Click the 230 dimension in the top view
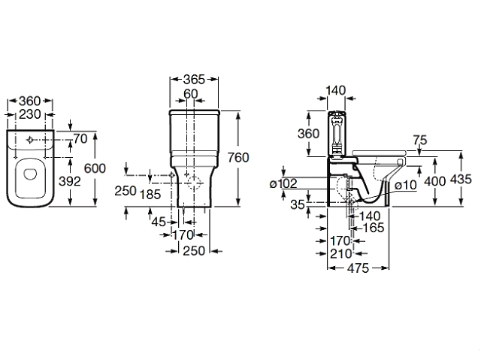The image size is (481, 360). pyautogui.click(x=30, y=114)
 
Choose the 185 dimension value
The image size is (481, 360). pyautogui.click(x=150, y=195)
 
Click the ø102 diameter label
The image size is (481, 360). pyautogui.click(x=284, y=183)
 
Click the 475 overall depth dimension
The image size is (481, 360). pyautogui.click(x=358, y=268)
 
